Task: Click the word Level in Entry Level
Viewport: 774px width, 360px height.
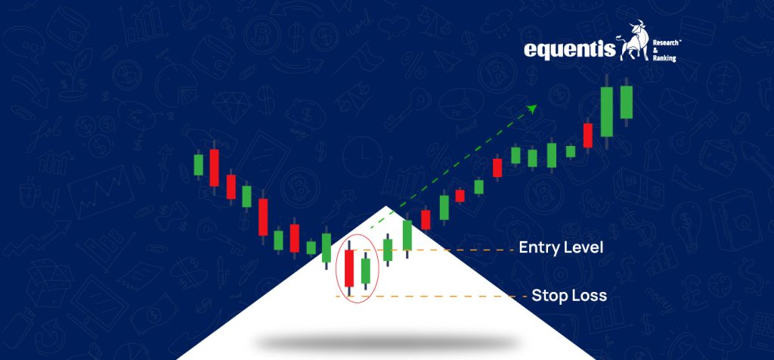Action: [x=584, y=248]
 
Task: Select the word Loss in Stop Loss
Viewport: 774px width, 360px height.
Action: [x=590, y=296]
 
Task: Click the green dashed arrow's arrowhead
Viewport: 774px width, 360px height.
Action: [x=532, y=109]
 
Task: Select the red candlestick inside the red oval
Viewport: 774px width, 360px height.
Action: [x=348, y=268]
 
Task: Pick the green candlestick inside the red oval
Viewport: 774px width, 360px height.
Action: [x=367, y=272]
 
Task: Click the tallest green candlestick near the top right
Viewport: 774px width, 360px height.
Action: [x=606, y=111]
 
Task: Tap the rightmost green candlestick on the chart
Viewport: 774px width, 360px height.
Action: [x=626, y=102]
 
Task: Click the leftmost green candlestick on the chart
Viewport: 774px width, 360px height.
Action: [x=199, y=164]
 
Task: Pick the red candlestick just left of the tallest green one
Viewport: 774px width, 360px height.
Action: [x=588, y=135]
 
